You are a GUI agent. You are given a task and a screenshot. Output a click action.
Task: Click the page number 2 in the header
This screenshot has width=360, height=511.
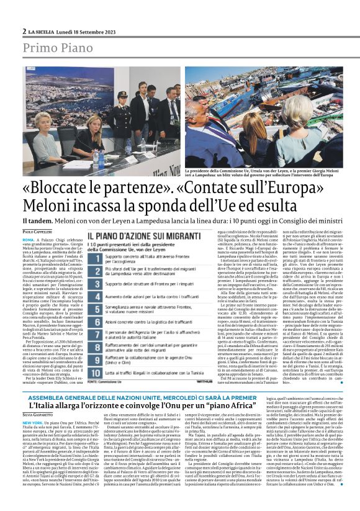[24, 31]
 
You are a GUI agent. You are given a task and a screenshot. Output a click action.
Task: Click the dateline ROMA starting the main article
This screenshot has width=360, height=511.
[29, 239]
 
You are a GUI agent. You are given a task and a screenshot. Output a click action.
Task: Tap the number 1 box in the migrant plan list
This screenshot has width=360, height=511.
[92, 256]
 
